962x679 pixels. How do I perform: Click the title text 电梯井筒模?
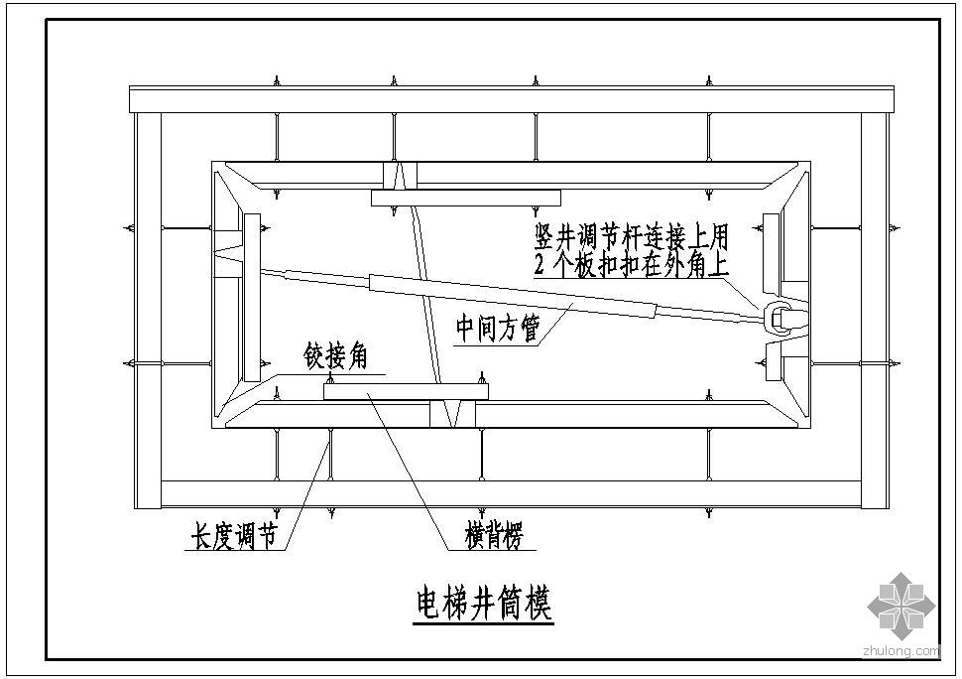point(483,604)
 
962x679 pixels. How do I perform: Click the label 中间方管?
point(498,328)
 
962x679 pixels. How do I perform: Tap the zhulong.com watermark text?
point(901,651)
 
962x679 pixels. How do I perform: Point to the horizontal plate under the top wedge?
point(466,198)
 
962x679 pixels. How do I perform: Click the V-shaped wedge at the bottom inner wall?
point(452,414)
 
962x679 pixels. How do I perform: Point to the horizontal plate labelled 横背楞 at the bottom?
point(406,392)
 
